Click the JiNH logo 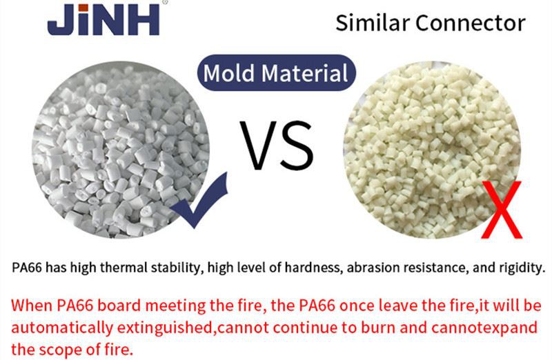103,19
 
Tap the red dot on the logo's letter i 83,8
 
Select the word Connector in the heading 471,23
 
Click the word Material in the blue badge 304,73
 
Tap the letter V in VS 258,146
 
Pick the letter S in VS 297,146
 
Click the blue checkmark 199,201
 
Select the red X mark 502,210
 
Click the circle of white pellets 121,150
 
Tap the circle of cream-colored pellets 432,150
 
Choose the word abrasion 373,268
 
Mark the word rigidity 522,268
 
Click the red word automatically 62,328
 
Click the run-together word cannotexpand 484,328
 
